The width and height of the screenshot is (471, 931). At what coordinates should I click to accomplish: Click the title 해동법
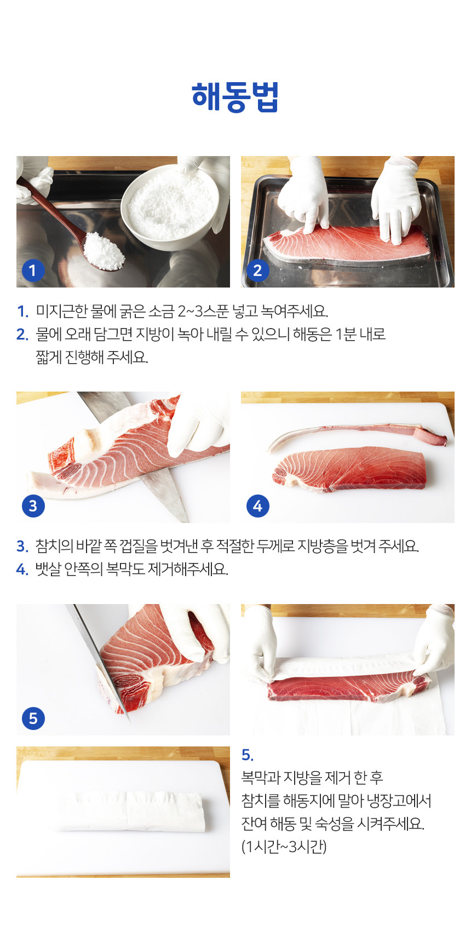click(235, 97)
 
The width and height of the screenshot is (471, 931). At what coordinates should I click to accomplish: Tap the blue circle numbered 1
click(33, 270)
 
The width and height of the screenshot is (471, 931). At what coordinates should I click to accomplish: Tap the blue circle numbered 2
click(257, 270)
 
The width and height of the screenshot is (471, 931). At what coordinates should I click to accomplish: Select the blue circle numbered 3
click(33, 505)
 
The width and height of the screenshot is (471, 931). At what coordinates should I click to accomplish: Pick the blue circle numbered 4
click(257, 505)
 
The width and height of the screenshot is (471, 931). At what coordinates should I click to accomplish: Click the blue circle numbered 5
click(33, 718)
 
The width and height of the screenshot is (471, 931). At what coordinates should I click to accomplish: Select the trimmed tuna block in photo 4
click(351, 468)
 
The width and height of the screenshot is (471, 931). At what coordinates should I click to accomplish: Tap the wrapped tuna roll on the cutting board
click(131, 811)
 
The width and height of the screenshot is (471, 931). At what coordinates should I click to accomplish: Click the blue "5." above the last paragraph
click(248, 755)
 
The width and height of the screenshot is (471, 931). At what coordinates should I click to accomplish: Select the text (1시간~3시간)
click(284, 847)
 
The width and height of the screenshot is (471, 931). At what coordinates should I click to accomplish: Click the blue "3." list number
click(22, 546)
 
